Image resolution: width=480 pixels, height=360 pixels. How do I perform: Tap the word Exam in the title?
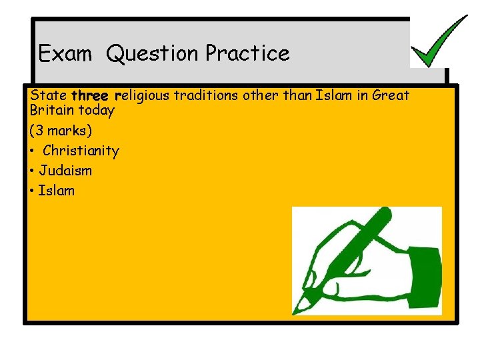point(65,53)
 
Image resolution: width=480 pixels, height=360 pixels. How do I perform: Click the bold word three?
point(92,95)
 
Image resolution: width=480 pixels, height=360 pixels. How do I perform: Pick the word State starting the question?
point(48,95)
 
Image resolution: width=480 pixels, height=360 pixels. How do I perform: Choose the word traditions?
point(206,95)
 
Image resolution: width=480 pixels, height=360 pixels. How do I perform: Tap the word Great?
point(391,95)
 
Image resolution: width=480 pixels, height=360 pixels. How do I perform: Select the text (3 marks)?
point(61,131)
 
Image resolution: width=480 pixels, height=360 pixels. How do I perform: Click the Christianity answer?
point(80,151)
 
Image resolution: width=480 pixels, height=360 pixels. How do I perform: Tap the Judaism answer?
point(65,171)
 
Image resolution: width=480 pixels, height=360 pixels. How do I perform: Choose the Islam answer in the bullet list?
point(56,191)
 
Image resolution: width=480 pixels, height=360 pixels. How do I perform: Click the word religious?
point(143,95)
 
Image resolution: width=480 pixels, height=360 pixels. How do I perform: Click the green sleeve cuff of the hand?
point(427,273)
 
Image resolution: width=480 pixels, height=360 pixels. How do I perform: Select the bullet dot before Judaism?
point(31,171)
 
